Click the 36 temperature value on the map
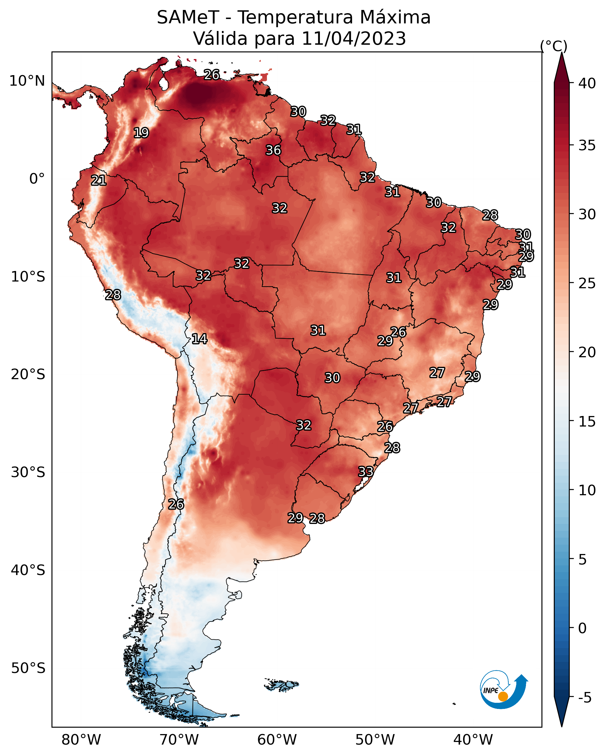pyautogui.click(x=273, y=150)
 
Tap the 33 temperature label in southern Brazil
pyautogui.click(x=366, y=471)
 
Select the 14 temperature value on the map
pyautogui.click(x=199, y=339)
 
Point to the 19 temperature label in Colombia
pyautogui.click(x=141, y=133)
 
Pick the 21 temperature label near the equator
pyautogui.click(x=99, y=181)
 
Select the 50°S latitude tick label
pyautogui.click(x=28, y=668)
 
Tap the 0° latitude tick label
pyautogui.click(x=37, y=179)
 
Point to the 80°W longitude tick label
pyautogui.click(x=81, y=740)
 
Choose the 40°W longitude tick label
pyautogui.click(x=473, y=740)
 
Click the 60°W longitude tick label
pyautogui.click(x=277, y=740)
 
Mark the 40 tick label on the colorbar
pyautogui.click(x=587, y=83)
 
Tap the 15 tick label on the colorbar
pyautogui.click(x=587, y=422)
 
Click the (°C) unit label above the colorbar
pyautogui.click(x=554, y=46)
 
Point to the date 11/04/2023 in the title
pyautogui.click(x=354, y=39)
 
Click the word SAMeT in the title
pyautogui.click(x=188, y=18)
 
